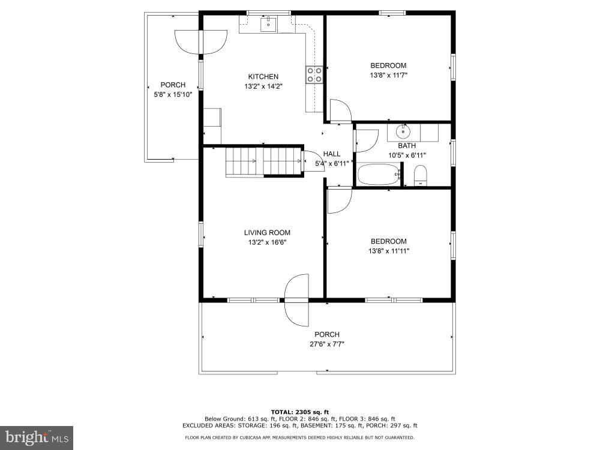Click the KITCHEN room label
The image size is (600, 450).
tap(263, 77)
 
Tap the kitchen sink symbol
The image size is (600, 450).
tap(269, 24)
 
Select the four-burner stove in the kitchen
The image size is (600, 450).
tap(314, 74)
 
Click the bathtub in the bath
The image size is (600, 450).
tap(379, 174)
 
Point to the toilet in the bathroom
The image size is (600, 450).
tap(421, 176)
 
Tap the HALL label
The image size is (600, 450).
tap(332, 154)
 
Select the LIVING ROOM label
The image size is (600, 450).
tap(267, 233)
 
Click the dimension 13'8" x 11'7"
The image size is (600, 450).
tap(388, 76)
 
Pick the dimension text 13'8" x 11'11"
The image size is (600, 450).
tap(389, 251)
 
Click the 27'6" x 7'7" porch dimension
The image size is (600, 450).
tap(327, 344)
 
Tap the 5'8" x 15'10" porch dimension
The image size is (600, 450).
tap(173, 95)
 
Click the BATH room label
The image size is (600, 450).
tap(407, 146)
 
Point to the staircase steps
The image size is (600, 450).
tap(263, 161)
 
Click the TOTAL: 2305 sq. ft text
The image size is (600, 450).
tap(300, 412)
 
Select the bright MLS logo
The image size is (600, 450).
tap(37, 437)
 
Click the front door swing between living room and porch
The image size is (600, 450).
tap(296, 300)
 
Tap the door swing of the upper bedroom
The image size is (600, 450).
tap(340, 111)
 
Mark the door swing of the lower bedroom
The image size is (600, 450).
tap(340, 200)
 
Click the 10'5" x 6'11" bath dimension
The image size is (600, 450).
tap(407, 155)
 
